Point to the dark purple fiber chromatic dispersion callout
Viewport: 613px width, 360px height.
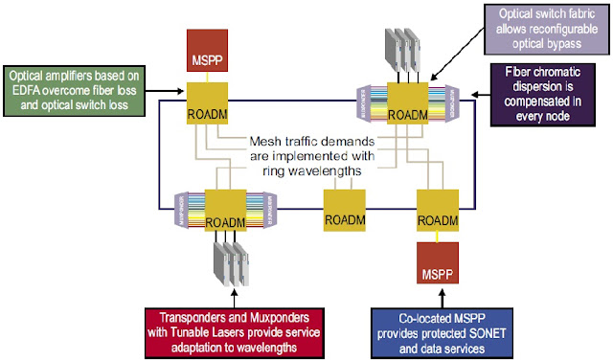pyautogui.click(x=544, y=95)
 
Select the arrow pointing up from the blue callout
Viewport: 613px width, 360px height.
pyautogui.click(x=439, y=298)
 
